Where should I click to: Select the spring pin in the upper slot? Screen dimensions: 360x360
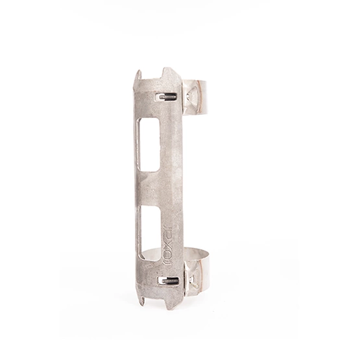coord(167,98)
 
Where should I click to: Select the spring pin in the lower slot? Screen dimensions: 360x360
coord(169,281)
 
